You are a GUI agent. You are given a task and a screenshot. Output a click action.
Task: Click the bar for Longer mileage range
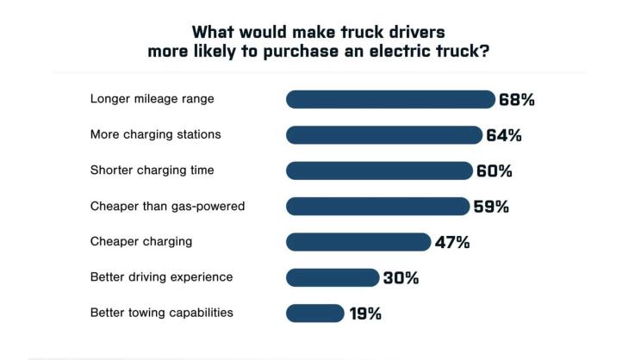point(390,99)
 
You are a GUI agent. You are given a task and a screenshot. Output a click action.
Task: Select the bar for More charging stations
point(384,135)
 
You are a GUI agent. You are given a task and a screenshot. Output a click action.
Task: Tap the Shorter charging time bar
point(379,171)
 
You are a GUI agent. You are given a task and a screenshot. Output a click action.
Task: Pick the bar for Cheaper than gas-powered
point(377,206)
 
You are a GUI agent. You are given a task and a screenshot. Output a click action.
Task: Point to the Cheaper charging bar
point(358,242)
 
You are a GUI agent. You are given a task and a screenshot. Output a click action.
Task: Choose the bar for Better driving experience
point(333,277)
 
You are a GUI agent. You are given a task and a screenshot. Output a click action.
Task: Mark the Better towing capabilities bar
point(315,313)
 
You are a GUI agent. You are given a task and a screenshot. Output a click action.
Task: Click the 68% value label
point(517,99)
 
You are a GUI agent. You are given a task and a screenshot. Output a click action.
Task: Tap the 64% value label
point(504,135)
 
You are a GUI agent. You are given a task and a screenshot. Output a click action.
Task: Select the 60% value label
point(495,171)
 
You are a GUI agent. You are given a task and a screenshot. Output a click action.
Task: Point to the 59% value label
point(491,207)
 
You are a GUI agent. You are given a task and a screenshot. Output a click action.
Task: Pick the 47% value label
point(452,242)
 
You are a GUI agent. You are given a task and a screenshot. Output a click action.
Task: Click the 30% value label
point(401,278)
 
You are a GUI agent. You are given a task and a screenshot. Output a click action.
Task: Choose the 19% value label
point(365,313)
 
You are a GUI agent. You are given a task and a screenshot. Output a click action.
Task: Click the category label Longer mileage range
point(152,99)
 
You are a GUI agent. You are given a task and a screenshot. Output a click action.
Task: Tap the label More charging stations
point(156,134)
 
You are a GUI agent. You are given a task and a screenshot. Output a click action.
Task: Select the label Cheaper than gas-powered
point(168,206)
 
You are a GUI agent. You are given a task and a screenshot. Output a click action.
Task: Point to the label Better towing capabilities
point(162,313)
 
